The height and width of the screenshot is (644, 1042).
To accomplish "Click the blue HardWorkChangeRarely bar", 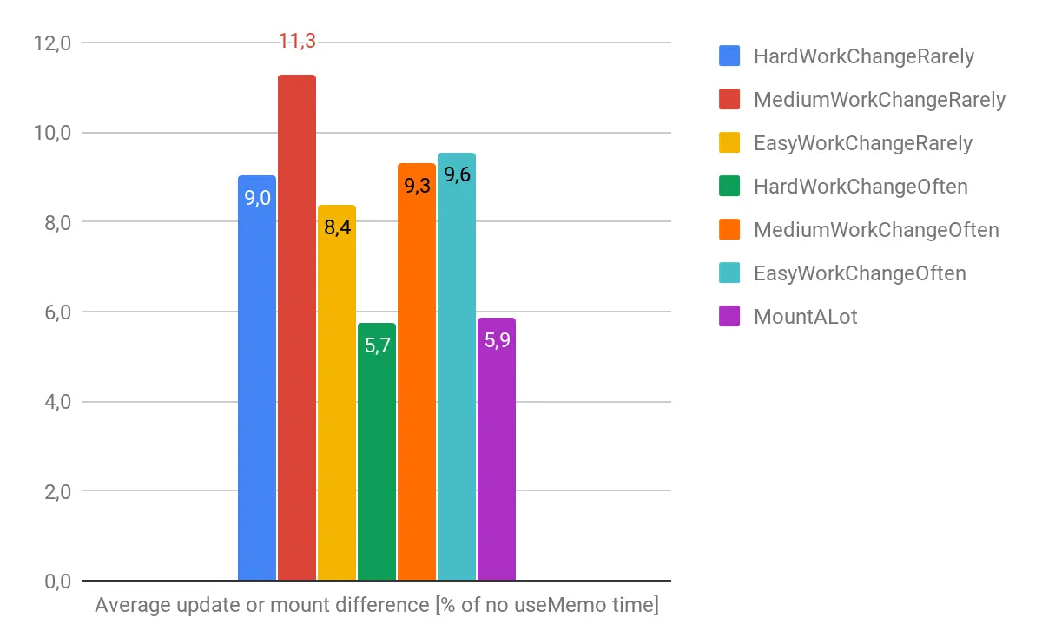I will coord(257,382).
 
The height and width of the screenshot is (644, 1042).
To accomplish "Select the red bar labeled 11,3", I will coord(297,330).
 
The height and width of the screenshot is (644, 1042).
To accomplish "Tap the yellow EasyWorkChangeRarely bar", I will coord(337,399).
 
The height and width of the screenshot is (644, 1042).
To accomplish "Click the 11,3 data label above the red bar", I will coord(297,41).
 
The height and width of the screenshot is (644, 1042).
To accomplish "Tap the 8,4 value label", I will coord(337,228).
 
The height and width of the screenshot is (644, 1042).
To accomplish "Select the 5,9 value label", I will coord(497,339).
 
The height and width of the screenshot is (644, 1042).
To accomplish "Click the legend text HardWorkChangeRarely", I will coord(863,56).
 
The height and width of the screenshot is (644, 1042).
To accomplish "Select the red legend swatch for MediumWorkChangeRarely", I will coord(730,100).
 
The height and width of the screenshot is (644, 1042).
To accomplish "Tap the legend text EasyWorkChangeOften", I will coord(860,273).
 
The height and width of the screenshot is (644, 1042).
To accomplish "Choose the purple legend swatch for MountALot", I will coord(730,317).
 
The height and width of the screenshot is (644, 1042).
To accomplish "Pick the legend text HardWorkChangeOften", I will coord(860,187).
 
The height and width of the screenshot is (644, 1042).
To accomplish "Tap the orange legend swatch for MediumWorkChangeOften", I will coord(730,230).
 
